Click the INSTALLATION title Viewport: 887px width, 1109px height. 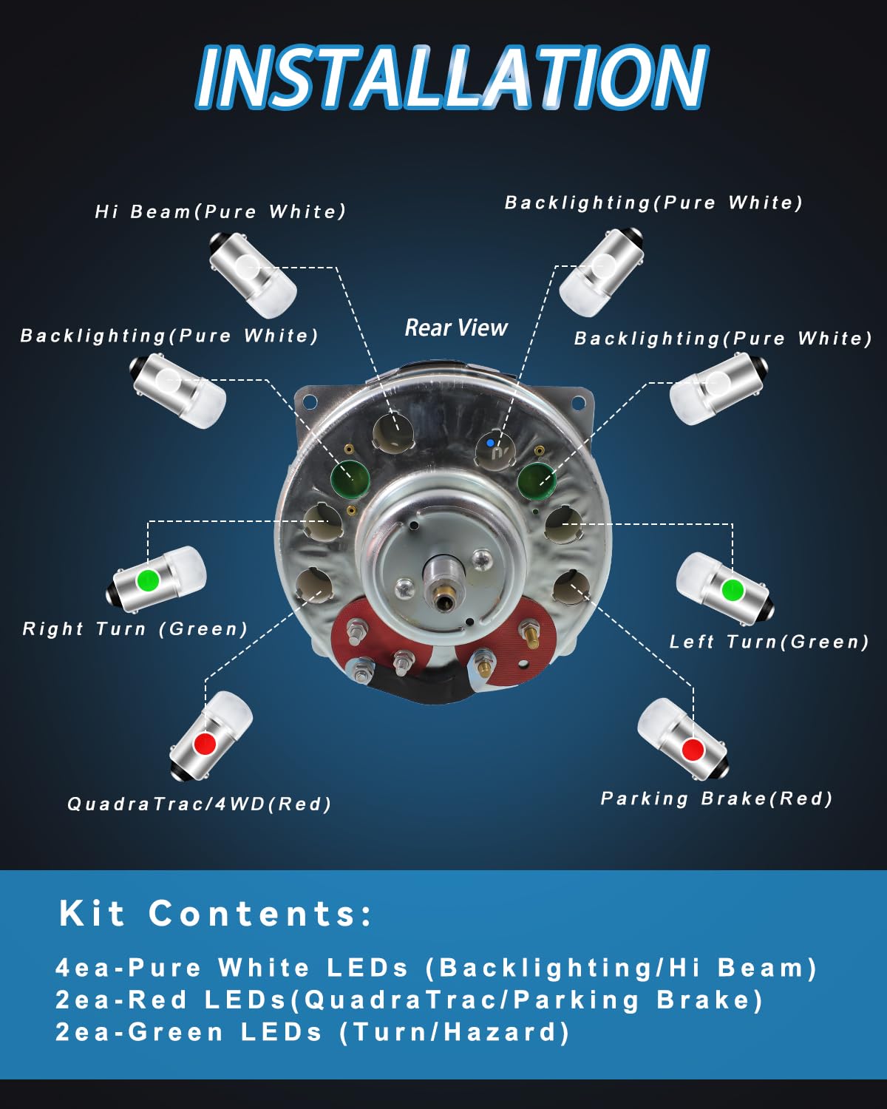452,77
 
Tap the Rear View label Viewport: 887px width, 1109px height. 456,328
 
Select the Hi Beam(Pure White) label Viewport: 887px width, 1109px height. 220,211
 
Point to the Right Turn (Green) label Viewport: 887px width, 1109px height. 135,628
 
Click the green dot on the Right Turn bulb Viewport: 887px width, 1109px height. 148,579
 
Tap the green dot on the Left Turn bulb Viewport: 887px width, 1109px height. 733,590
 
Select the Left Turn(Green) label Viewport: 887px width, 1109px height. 769,642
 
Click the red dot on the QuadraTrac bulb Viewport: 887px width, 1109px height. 204,743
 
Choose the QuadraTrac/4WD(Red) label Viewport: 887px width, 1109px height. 199,804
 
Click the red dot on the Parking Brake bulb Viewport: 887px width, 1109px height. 693,749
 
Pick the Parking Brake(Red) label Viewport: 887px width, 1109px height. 716,798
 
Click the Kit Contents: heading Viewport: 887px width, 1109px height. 215,914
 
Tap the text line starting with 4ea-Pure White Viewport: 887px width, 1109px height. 436,968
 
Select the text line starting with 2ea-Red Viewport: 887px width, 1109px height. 409,1000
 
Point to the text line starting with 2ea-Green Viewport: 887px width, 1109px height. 313,1032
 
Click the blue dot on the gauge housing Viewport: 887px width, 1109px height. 490,443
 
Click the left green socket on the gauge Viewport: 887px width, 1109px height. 350,477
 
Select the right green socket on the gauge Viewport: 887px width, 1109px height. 536,481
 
